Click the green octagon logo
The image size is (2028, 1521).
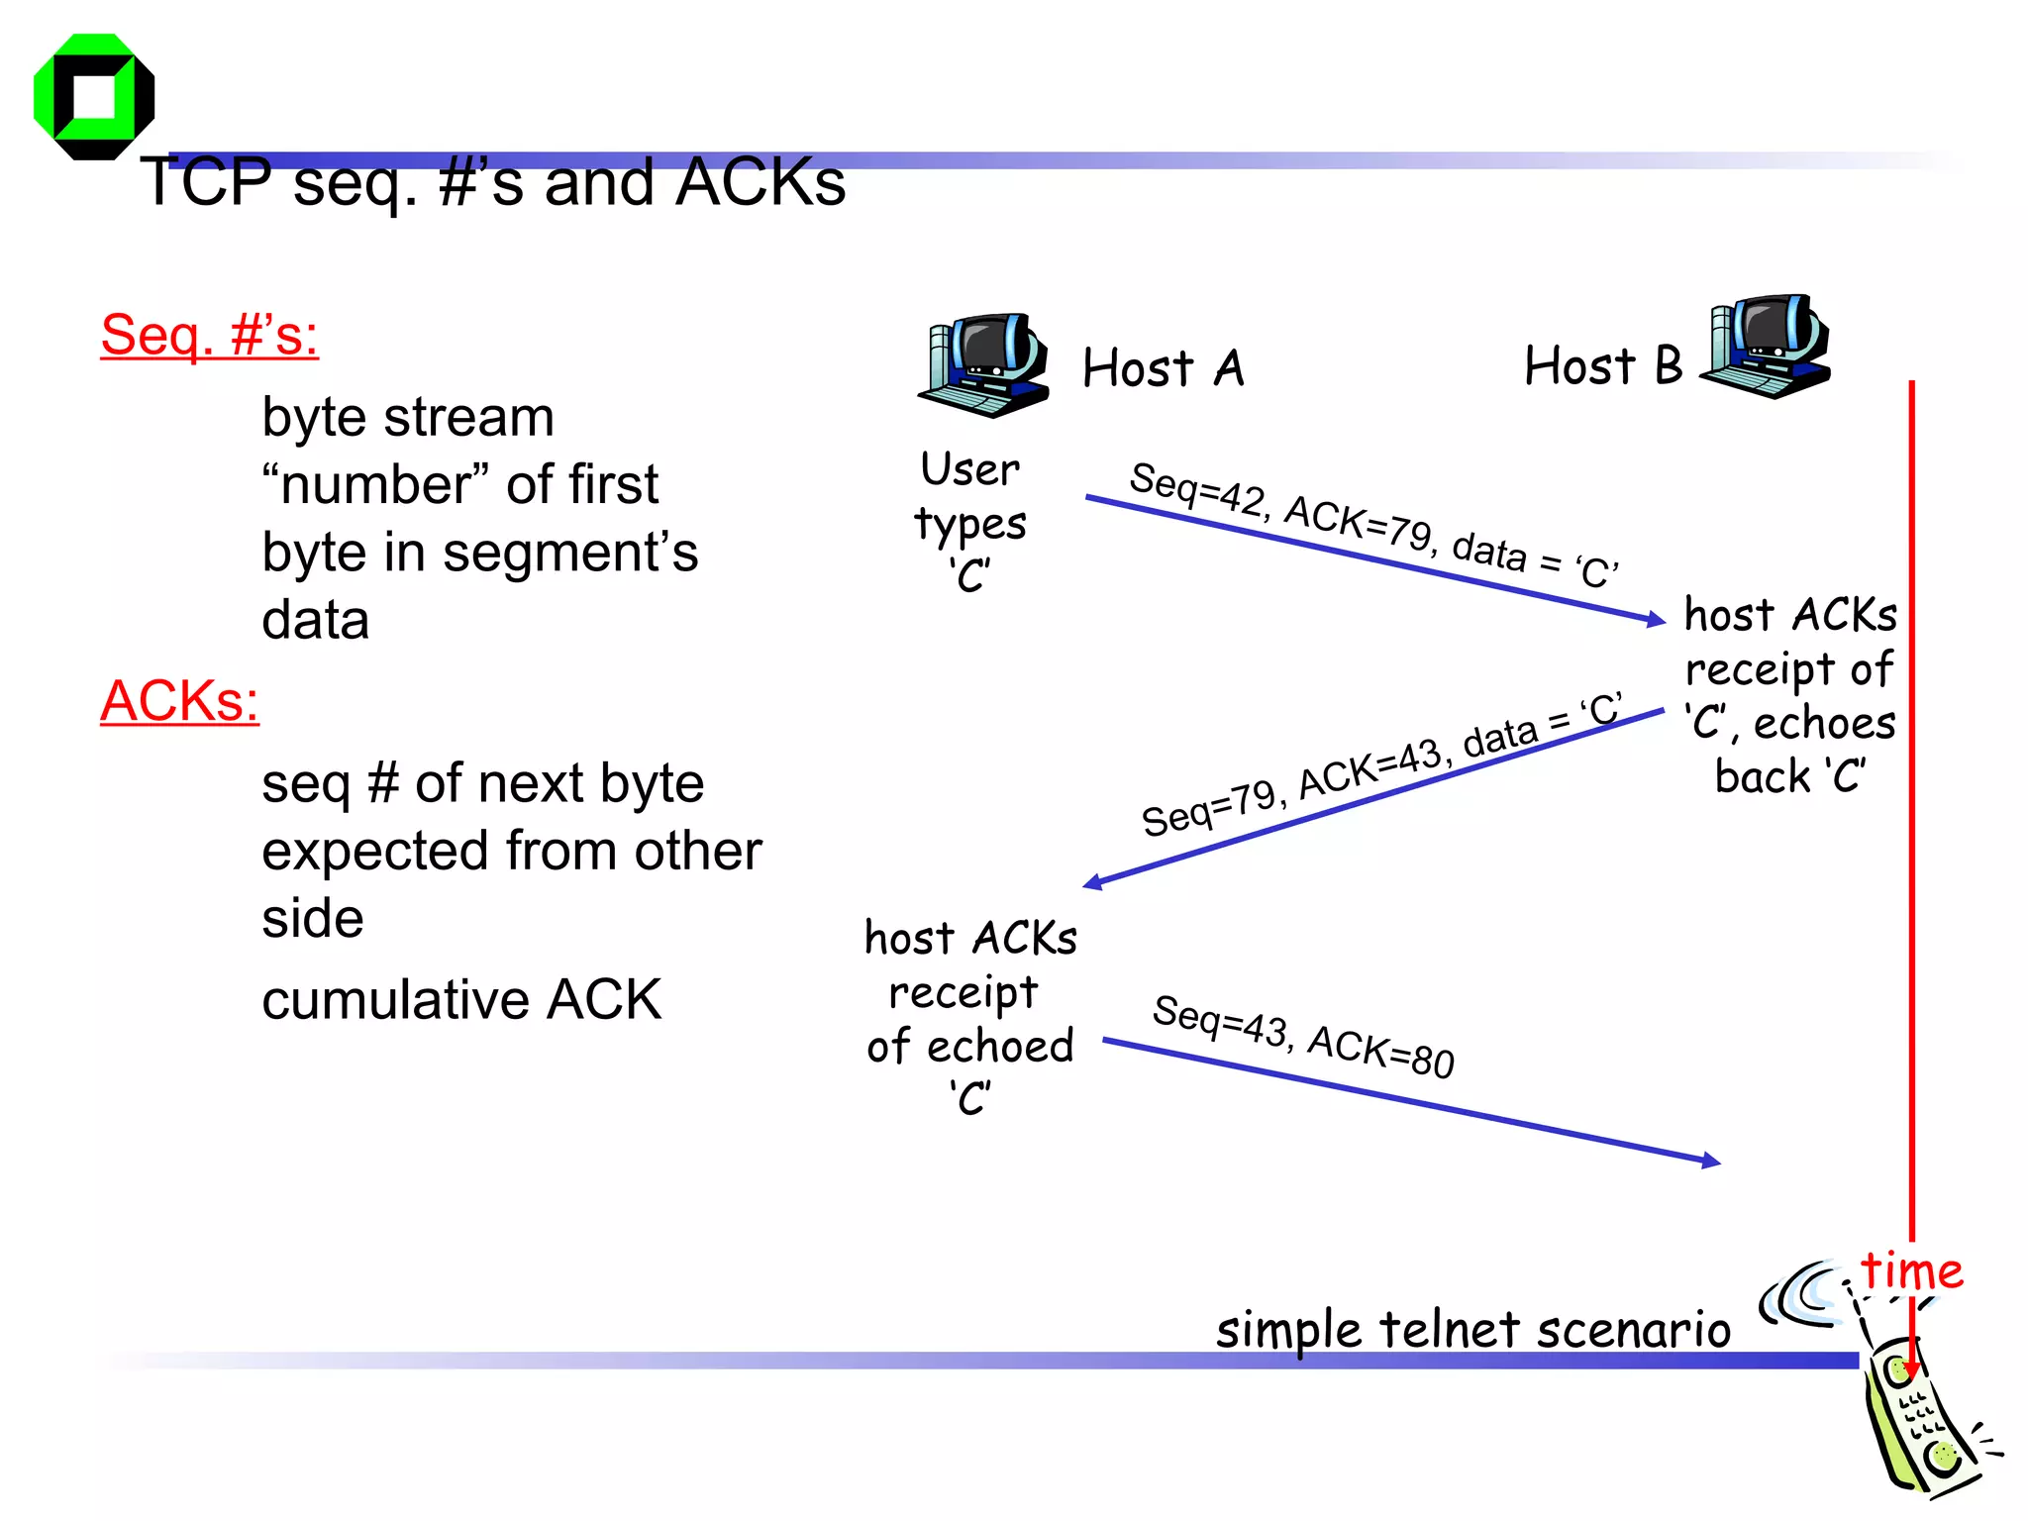click(x=93, y=96)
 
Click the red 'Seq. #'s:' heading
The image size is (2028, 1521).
click(x=209, y=335)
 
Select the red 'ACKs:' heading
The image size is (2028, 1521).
click(x=179, y=701)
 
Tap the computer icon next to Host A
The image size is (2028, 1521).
click(x=983, y=365)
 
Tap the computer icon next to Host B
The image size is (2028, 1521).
click(x=1767, y=346)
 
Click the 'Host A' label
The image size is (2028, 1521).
click(x=1163, y=368)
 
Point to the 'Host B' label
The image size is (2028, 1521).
click(x=1602, y=365)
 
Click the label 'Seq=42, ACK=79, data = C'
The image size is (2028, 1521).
click(x=1372, y=524)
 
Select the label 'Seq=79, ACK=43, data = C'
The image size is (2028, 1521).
click(x=1380, y=763)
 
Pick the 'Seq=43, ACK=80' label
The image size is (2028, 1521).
click(x=1302, y=1036)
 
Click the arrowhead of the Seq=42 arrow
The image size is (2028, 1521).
click(x=1657, y=620)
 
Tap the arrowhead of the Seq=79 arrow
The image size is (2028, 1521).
click(x=1093, y=881)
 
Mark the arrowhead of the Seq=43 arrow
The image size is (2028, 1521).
click(x=1710, y=1161)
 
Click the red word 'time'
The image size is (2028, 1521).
click(x=1911, y=1270)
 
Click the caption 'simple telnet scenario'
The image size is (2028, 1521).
click(x=1472, y=1329)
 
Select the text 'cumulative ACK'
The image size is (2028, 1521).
click(x=461, y=999)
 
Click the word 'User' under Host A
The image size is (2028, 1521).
click(x=969, y=469)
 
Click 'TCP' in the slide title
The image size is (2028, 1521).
click(x=206, y=182)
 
